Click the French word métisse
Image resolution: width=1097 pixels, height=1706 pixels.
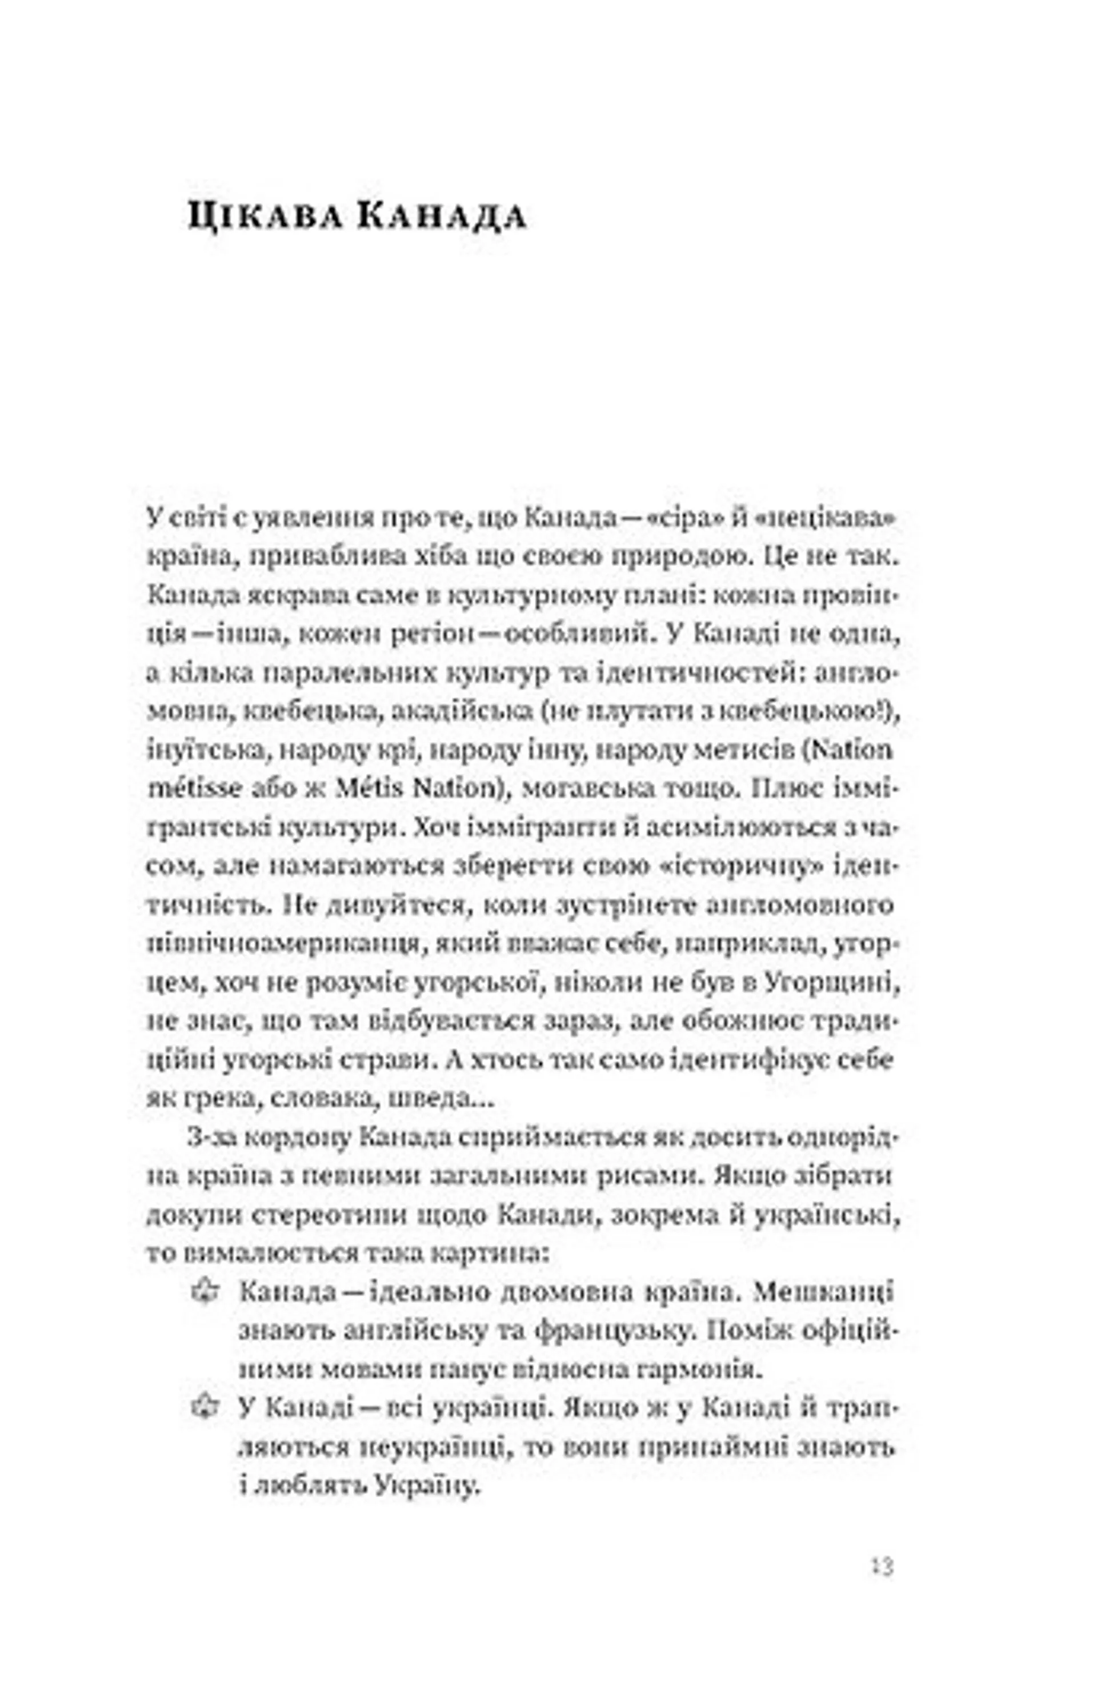pos(185,789)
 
